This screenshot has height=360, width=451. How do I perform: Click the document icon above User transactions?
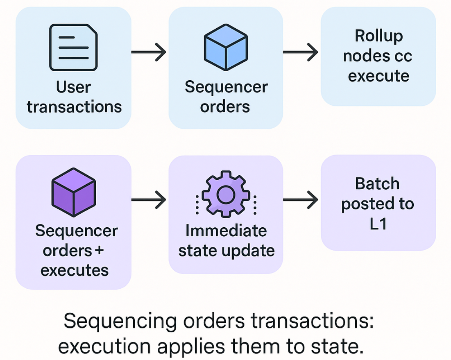[73, 47]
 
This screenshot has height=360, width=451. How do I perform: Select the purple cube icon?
[73, 191]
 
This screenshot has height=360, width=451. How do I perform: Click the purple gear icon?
[225, 195]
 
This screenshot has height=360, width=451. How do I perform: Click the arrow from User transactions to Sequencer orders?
[148, 52]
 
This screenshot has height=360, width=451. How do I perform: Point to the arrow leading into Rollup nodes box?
[300, 52]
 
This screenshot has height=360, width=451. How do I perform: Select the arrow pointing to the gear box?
[148, 200]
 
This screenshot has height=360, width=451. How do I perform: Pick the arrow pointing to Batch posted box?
[300, 200]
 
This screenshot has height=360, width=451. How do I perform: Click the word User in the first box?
[74, 87]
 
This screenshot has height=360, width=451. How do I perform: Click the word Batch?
[377, 183]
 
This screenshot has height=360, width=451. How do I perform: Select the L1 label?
[377, 224]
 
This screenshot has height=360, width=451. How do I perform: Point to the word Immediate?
[226, 231]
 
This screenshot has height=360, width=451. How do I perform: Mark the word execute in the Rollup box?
[378, 76]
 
